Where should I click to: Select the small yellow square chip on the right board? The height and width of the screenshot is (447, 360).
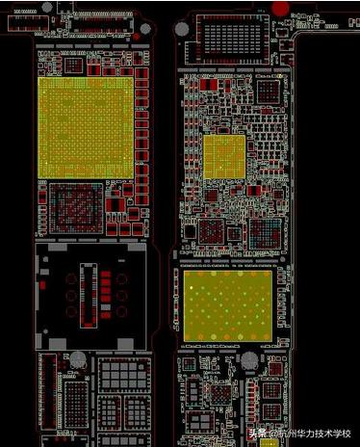[x=224, y=157]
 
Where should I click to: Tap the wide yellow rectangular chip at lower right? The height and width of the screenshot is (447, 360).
[x=227, y=301]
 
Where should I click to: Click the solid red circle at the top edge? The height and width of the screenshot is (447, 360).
[x=280, y=8]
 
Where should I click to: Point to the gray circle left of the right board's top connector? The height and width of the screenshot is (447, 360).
[x=183, y=28]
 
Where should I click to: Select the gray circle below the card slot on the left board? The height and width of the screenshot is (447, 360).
[x=78, y=364]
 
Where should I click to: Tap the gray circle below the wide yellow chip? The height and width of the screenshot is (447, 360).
[x=249, y=361]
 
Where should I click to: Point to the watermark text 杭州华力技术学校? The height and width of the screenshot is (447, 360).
[x=313, y=433]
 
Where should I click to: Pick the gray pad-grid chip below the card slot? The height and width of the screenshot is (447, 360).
[x=123, y=377]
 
